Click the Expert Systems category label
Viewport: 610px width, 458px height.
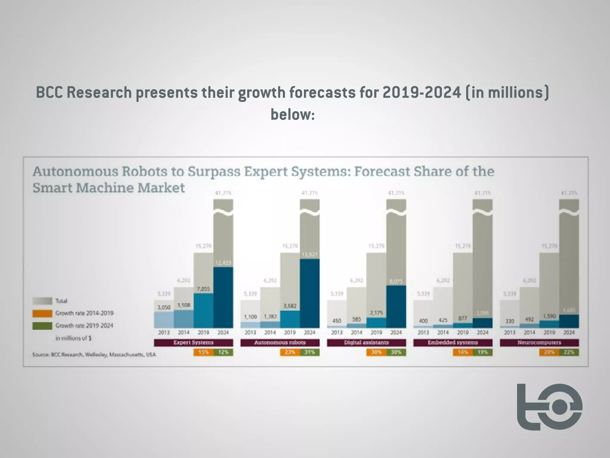pyautogui.click(x=193, y=343)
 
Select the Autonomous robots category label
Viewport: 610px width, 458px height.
pyautogui.click(x=280, y=343)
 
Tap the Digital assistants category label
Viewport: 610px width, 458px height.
pyautogui.click(x=366, y=343)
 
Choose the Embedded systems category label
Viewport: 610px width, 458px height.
pyautogui.click(x=453, y=343)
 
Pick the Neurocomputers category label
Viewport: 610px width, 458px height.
pyautogui.click(x=539, y=343)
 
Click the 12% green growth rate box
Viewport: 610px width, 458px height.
pyautogui.click(x=223, y=352)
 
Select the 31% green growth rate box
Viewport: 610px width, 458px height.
pyautogui.click(x=309, y=352)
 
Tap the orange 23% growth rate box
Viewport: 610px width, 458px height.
pyautogui.click(x=290, y=352)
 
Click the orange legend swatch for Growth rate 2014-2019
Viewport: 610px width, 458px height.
pyautogui.click(x=42, y=313)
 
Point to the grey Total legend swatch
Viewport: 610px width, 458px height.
pyautogui.click(x=42, y=301)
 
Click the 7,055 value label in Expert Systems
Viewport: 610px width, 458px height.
pyautogui.click(x=203, y=289)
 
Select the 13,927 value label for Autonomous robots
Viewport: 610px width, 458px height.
pyautogui.click(x=310, y=255)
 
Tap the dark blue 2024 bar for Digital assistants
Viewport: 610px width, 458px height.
pyautogui.click(x=396, y=307)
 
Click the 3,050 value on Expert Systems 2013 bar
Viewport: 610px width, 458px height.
pyautogui.click(x=164, y=307)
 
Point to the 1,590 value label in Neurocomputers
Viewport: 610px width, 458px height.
pyautogui.click(x=549, y=316)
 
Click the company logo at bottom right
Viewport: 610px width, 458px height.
pyautogui.click(x=550, y=407)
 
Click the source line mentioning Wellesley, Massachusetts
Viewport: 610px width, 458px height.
pyautogui.click(x=94, y=355)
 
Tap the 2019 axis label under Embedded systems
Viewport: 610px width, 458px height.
pyautogui.click(x=463, y=332)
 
